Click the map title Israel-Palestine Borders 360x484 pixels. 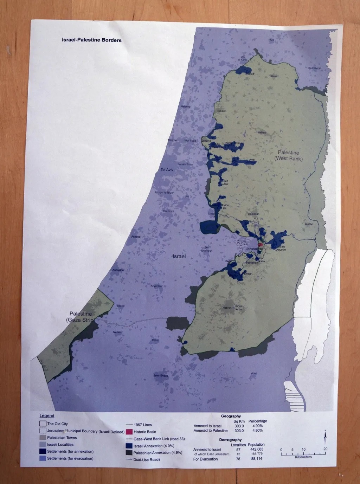point(92,40)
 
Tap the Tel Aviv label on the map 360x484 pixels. point(167,170)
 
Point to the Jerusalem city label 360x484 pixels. point(254,249)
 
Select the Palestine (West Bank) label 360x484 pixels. point(289,155)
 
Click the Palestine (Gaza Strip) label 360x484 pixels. point(81,317)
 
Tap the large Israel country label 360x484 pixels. point(179,257)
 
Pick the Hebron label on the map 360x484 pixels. point(227,308)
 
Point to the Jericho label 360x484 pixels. point(309,224)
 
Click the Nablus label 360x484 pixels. point(262,133)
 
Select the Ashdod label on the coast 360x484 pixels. point(136,237)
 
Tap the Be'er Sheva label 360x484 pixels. point(161,376)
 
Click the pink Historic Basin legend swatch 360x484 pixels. point(129,432)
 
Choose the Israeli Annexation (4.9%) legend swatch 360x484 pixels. point(129,445)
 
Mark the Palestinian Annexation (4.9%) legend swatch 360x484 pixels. point(129,452)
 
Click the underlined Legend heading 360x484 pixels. point(47,416)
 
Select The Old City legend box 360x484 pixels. point(43,424)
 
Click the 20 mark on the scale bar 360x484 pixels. point(325,449)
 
